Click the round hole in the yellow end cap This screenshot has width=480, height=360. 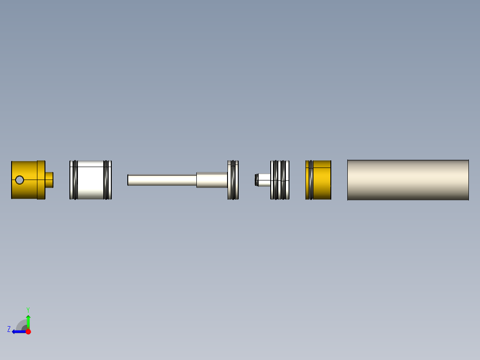coord(19,180)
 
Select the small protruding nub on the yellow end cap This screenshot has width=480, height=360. coord(49,180)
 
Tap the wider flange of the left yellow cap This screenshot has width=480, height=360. coord(41,180)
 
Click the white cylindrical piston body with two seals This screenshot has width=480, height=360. coord(91,180)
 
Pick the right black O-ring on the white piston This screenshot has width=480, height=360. coord(106,180)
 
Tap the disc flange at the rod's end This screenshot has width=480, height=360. coord(233,180)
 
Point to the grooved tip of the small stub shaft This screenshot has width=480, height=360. coord(256,180)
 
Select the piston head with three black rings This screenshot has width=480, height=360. coord(280,180)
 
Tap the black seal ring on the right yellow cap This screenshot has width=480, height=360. coord(310,180)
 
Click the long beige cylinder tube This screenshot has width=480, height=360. coord(408,180)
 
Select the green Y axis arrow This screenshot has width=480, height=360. coord(28,320)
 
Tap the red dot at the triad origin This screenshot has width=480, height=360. coord(28,331)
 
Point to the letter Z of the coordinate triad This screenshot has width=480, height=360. coord(9,329)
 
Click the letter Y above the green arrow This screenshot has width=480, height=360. coord(28,309)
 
